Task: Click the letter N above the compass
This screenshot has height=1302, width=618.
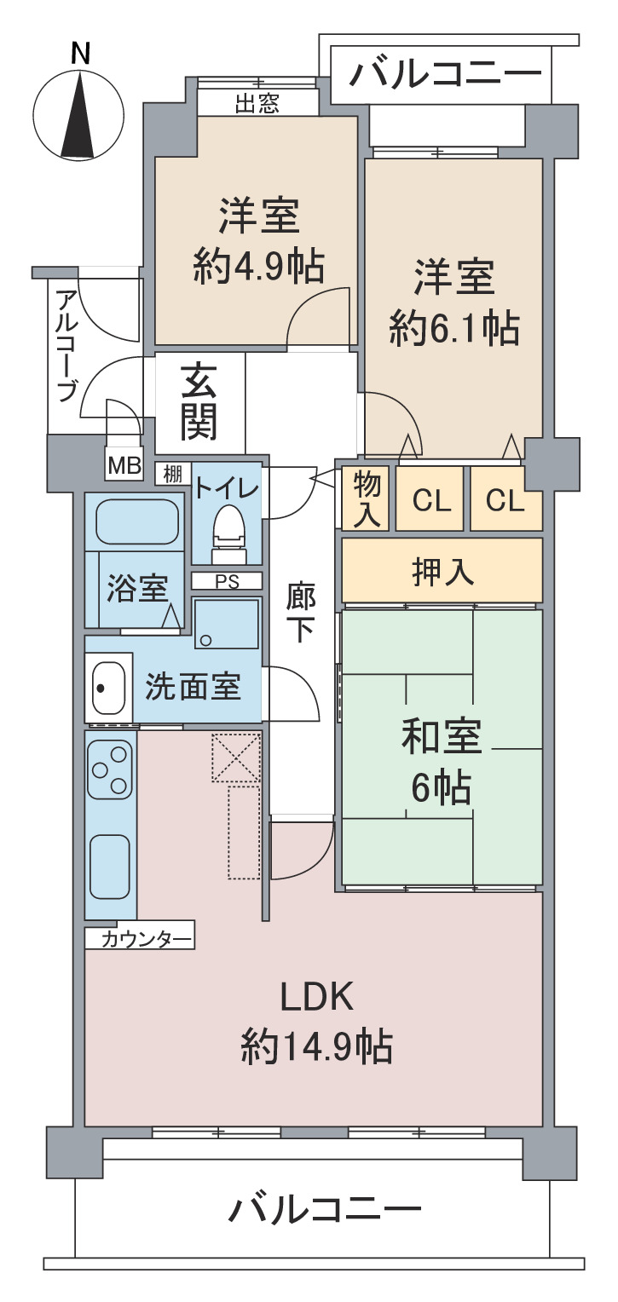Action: [80, 54]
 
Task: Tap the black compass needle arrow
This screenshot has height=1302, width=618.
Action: [78, 114]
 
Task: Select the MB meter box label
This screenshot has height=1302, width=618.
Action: [125, 465]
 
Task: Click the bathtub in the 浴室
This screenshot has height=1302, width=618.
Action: [137, 521]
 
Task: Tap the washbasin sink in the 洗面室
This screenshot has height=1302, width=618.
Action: [108, 688]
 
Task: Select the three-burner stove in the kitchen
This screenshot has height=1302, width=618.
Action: [110, 769]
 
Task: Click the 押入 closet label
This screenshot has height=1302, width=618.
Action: [443, 572]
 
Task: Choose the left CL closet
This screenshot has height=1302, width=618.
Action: [430, 498]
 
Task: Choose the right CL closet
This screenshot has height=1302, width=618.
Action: [505, 498]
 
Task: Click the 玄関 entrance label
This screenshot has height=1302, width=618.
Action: [199, 402]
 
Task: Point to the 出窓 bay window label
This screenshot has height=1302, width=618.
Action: [257, 103]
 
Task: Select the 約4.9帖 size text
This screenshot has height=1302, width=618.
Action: [259, 267]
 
